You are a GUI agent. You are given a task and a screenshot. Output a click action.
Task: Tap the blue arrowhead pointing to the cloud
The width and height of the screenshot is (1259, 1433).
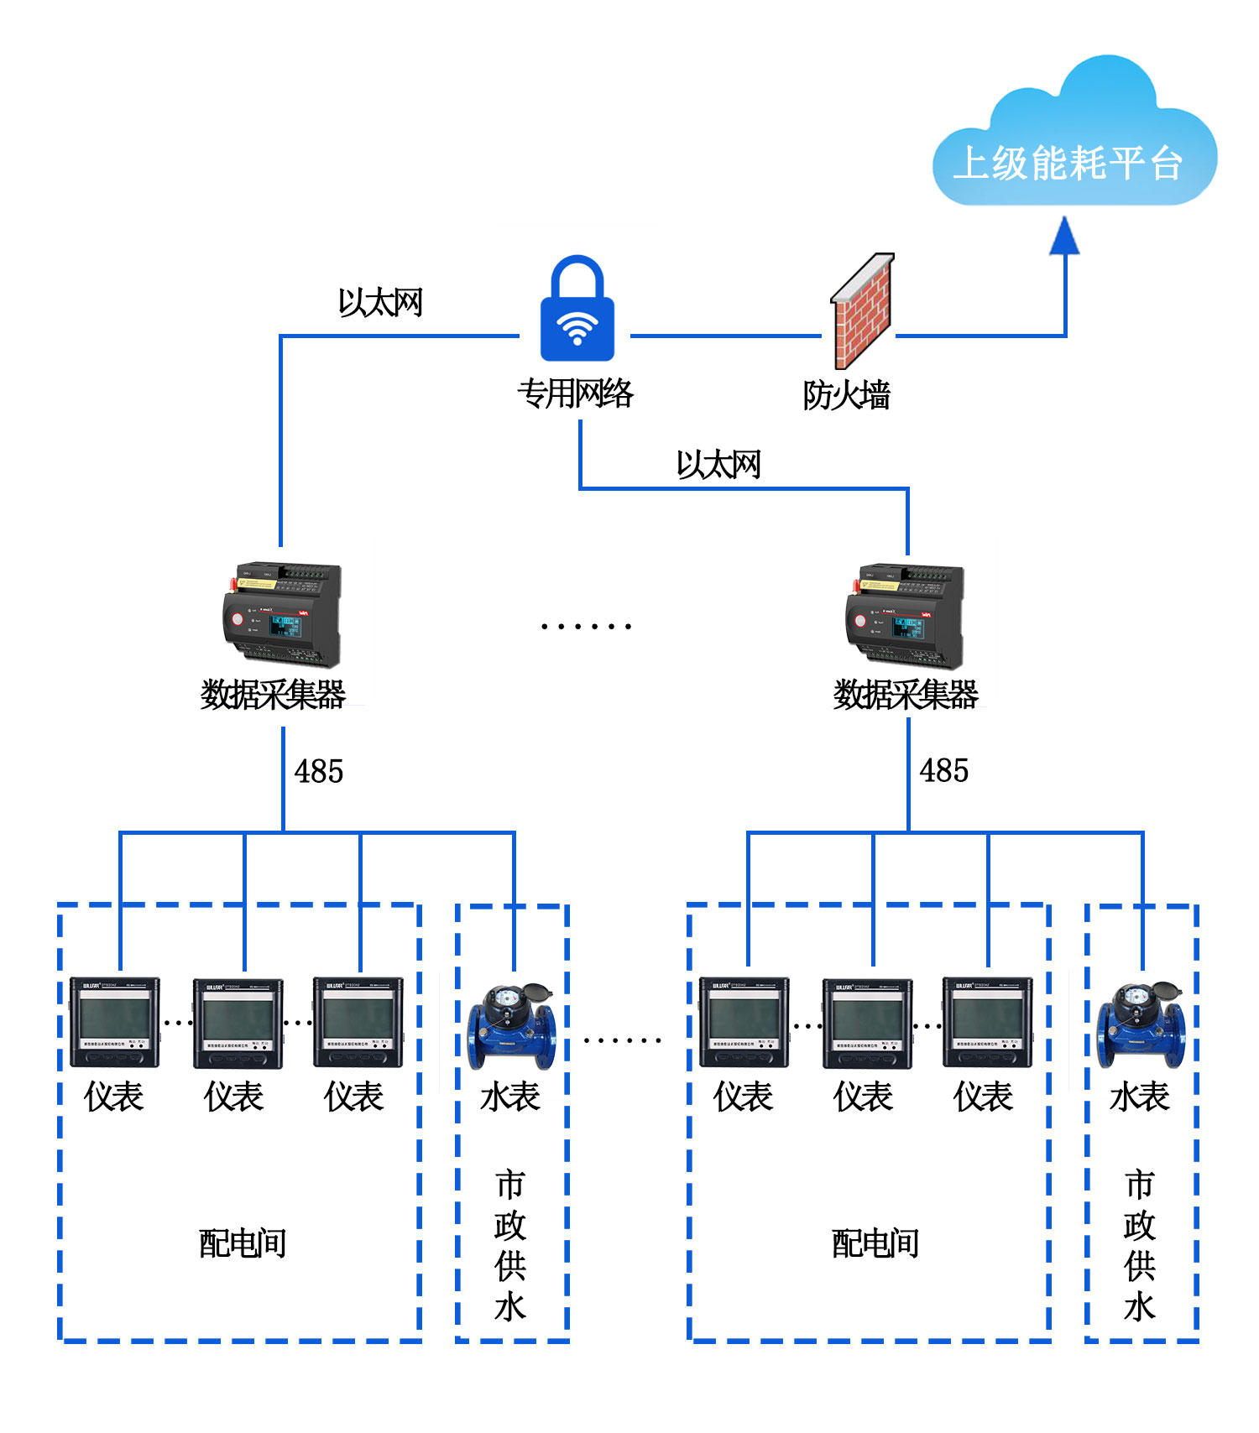coord(1064,237)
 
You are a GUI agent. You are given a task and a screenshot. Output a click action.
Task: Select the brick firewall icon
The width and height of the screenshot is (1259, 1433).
coord(863,310)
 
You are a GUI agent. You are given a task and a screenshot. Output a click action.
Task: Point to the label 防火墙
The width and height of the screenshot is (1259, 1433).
coord(846,395)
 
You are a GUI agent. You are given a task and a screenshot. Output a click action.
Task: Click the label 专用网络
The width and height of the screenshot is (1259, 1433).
coord(576,393)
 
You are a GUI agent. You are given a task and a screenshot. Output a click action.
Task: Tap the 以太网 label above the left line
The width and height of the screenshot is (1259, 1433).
coord(380,303)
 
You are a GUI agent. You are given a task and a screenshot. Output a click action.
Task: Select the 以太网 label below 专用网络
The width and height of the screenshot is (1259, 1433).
coord(718,464)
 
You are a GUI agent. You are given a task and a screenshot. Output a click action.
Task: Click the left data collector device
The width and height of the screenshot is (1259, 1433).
coord(282,614)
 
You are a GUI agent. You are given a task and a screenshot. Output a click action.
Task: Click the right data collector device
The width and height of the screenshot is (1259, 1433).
coord(905,614)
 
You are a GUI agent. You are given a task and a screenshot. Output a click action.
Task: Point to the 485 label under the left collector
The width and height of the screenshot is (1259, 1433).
coord(319,771)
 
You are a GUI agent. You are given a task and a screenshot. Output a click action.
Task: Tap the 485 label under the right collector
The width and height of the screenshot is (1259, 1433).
coord(944,770)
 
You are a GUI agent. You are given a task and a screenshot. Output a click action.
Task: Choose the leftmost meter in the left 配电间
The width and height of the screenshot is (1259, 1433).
coord(114,1022)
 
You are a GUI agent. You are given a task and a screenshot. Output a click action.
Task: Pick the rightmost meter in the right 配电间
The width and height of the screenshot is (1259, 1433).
coord(987,1022)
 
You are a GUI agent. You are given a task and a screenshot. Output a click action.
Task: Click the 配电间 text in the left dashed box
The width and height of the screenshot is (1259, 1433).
coord(243,1243)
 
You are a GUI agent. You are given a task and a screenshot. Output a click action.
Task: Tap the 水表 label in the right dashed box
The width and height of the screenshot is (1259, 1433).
coord(1139,1097)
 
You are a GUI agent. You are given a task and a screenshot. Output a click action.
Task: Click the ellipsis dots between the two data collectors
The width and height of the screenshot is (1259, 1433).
coord(586,626)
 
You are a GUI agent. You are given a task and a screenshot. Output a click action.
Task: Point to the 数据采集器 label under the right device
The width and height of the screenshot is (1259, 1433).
coord(906,695)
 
